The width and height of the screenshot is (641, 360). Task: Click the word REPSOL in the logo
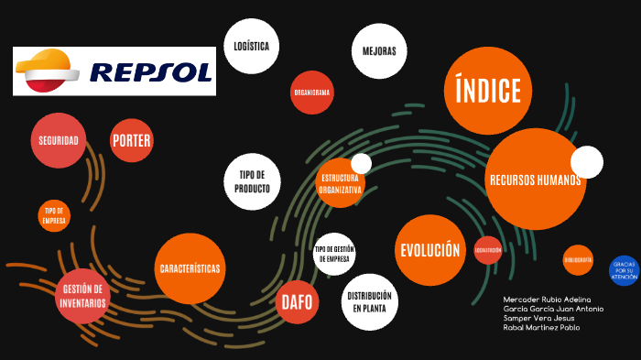point(151,72)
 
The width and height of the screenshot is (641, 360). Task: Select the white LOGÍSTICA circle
point(251,45)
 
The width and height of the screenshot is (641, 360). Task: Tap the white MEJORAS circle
point(379,50)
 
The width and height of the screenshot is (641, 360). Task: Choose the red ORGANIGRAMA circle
point(311,93)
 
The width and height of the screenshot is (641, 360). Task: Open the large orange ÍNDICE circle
point(488,91)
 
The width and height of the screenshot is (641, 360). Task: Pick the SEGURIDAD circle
point(58,140)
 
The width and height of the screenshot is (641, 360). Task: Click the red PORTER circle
point(131,141)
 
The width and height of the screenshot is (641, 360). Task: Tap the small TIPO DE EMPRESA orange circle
point(54,215)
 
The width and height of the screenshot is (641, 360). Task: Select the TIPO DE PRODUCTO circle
point(252,181)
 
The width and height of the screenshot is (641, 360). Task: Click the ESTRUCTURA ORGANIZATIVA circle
point(341,183)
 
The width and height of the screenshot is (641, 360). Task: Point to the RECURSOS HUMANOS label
point(535,180)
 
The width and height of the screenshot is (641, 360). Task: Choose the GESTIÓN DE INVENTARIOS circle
point(82,296)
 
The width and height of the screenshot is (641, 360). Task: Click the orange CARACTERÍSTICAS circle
point(190,268)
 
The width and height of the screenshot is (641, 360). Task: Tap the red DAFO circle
point(297,301)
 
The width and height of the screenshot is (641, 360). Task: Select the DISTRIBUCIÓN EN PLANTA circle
point(371,301)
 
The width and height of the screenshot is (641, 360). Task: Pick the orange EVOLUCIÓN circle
point(429,250)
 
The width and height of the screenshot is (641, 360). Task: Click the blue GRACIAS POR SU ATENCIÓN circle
point(624,270)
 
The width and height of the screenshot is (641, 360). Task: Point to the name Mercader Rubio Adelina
point(547,300)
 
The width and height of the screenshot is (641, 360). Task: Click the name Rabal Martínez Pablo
point(541,327)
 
